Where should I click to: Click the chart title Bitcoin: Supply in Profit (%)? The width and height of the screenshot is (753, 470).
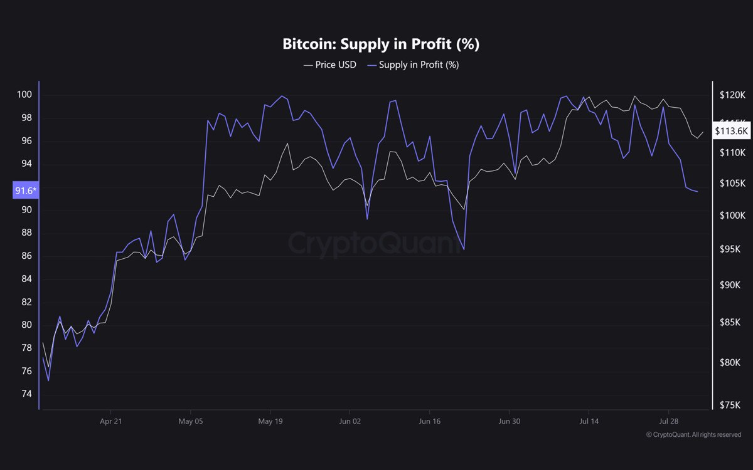click(376, 44)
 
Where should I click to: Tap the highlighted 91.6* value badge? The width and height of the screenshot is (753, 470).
click(26, 190)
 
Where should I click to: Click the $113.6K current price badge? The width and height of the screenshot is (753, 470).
click(731, 131)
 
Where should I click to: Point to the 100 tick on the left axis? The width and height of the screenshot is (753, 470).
click(24, 95)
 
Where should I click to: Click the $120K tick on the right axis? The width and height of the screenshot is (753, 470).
click(732, 95)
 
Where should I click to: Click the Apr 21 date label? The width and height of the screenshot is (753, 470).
click(110, 421)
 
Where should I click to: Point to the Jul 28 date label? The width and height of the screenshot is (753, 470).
click(669, 421)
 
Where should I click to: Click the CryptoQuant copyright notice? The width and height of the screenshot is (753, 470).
click(693, 434)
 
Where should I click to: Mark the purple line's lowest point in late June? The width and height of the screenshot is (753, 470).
click(464, 249)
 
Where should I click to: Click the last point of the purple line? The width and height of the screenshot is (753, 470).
click(698, 192)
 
